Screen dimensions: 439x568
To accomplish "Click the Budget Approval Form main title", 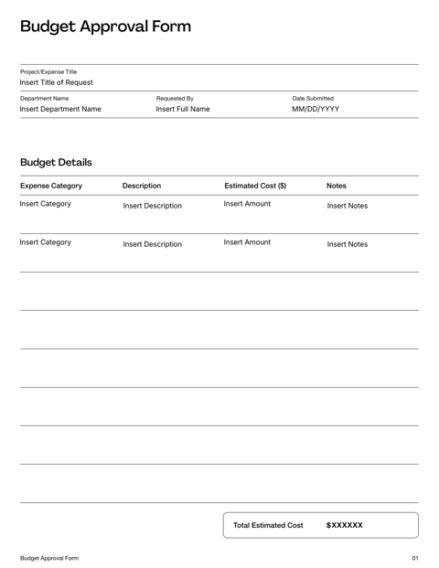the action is pyautogui.click(x=105, y=26).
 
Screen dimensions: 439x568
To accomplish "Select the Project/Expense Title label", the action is pyautogui.click(x=48, y=71).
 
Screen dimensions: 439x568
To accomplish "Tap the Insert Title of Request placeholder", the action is pyautogui.click(x=57, y=83).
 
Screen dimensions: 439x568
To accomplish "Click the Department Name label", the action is pyautogui.click(x=45, y=98).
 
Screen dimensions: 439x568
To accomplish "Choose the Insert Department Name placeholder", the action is pyautogui.click(x=60, y=110).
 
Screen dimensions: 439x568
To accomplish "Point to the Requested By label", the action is pyautogui.click(x=175, y=98).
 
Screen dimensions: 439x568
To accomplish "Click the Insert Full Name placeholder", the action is pyautogui.click(x=183, y=110).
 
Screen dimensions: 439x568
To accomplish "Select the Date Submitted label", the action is pyautogui.click(x=313, y=98).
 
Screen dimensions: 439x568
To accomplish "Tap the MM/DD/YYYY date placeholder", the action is pyautogui.click(x=316, y=110).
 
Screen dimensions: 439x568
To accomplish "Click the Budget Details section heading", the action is pyautogui.click(x=56, y=162).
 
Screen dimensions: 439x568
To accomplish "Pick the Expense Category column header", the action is pyautogui.click(x=51, y=187).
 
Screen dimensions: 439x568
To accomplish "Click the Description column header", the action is pyautogui.click(x=142, y=187).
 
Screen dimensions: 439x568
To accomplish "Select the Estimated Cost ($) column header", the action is pyautogui.click(x=255, y=187).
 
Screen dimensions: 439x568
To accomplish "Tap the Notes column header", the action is pyautogui.click(x=336, y=187).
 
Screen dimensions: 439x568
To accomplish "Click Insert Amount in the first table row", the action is pyautogui.click(x=247, y=204).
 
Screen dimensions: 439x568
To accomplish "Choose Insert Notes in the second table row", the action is pyautogui.click(x=348, y=244).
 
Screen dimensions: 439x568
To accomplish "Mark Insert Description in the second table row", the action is pyautogui.click(x=152, y=244).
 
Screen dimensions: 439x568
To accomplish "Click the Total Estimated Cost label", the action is pyautogui.click(x=268, y=526).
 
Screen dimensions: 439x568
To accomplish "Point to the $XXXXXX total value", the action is pyautogui.click(x=345, y=526).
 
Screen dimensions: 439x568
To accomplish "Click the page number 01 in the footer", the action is pyautogui.click(x=415, y=557).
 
